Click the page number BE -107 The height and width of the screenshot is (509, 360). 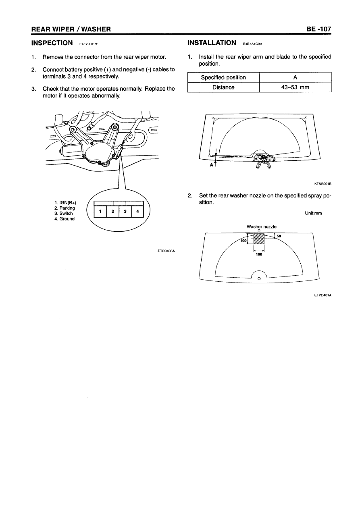(318, 29)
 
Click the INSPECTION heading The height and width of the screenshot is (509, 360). (52, 43)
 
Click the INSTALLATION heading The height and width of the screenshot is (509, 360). (212, 43)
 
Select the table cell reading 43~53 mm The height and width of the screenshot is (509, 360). (295, 87)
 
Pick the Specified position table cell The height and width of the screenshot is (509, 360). (223, 77)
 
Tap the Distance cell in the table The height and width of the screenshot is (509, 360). (223, 87)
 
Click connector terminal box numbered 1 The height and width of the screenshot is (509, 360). (100, 212)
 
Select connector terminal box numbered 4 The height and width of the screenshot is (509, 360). (137, 212)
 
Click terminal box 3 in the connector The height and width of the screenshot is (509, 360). (125, 212)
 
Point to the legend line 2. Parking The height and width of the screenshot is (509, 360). (65, 208)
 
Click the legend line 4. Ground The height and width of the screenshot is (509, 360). (65, 219)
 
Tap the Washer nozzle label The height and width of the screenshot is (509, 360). (262, 226)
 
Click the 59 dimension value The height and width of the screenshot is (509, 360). (279, 236)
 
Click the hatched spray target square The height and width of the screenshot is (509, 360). (259, 239)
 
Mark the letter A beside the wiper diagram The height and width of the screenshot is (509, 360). (212, 165)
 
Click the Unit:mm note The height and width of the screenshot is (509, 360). (313, 213)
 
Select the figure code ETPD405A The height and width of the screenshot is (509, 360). (166, 251)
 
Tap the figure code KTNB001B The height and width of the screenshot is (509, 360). (323, 184)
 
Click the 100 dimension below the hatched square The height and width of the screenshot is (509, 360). (259, 254)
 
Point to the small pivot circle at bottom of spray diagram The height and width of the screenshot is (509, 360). (259, 279)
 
